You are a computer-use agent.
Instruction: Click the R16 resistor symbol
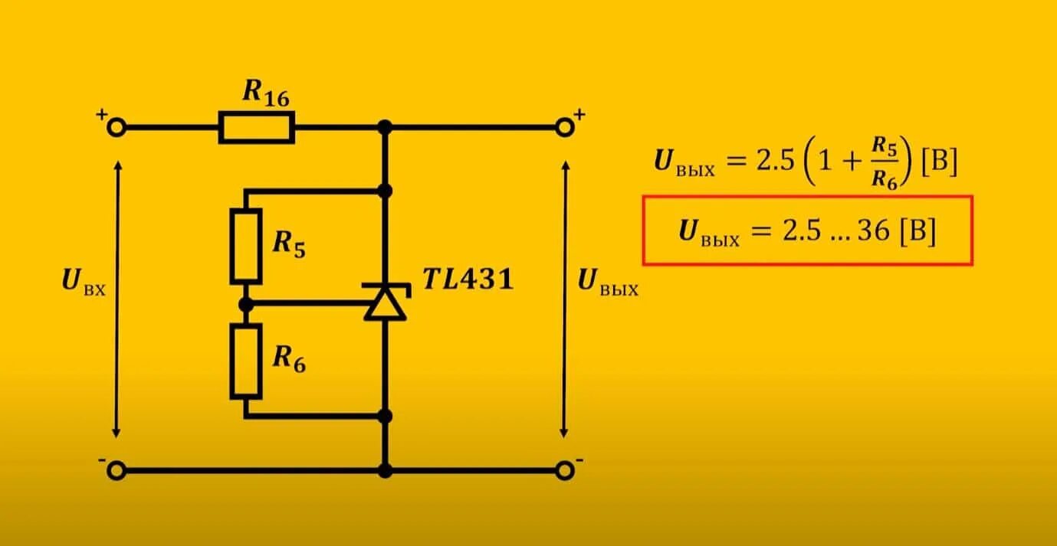click(257, 127)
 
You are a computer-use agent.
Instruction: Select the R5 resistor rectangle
click(245, 245)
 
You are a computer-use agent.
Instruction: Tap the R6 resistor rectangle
click(245, 361)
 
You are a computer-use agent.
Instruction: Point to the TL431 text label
click(468, 280)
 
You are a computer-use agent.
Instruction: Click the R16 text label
click(265, 92)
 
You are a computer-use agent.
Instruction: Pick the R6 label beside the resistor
click(289, 361)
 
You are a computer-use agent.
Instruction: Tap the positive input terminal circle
click(117, 128)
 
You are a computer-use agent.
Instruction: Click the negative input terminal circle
click(117, 470)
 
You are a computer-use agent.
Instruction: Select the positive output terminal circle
click(565, 127)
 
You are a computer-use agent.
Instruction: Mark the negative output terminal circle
click(565, 470)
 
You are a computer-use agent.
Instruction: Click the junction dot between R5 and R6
click(245, 305)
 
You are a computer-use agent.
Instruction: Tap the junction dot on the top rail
click(385, 127)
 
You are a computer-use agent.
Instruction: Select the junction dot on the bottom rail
click(385, 470)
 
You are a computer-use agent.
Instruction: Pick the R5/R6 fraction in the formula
click(886, 163)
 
